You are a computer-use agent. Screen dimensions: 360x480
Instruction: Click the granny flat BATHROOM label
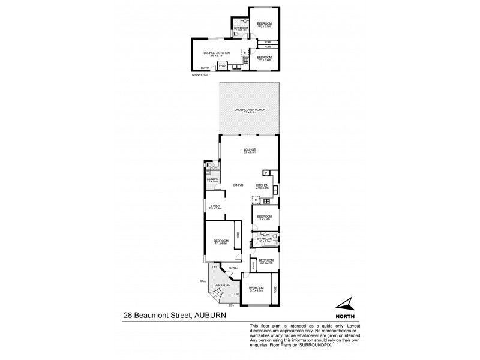pos(241,28)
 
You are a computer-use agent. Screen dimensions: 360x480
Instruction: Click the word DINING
pos(238,185)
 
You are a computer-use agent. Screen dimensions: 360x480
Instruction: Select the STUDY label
pos(215,206)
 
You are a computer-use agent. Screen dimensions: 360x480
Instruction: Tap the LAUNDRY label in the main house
pos(212,179)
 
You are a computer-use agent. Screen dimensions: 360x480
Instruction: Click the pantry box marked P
pos(266,173)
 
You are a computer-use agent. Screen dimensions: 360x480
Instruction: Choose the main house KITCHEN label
pos(262,185)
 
